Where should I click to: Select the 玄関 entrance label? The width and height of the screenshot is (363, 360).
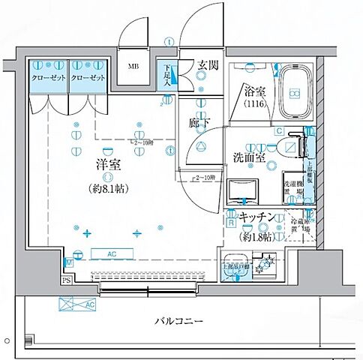click(x=208, y=65)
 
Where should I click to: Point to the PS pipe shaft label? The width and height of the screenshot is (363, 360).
click(x=67, y=281)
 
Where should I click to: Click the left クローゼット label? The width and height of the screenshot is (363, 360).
click(x=48, y=78)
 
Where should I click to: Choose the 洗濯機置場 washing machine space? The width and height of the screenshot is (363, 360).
click(x=291, y=185)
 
